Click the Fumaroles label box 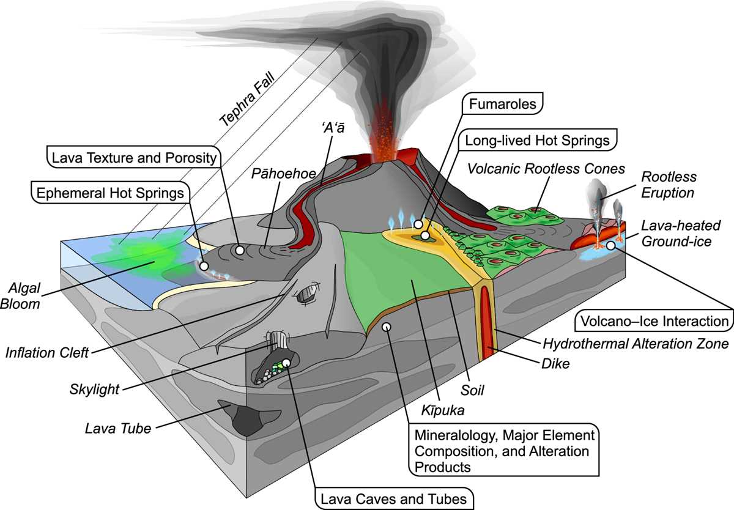[x=502, y=103]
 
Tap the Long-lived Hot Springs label [x=537, y=140]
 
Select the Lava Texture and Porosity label [x=134, y=158]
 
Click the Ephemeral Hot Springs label [x=110, y=193]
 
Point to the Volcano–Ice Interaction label [x=654, y=321]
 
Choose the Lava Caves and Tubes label [x=393, y=499]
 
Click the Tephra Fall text [x=247, y=100]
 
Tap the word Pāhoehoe [x=283, y=174]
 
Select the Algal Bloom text [x=20, y=296]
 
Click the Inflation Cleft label [x=47, y=353]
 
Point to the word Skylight [x=94, y=390]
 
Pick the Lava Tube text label [x=118, y=429]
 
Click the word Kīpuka [x=443, y=410]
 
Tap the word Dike [x=555, y=364]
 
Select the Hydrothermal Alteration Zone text [x=636, y=344]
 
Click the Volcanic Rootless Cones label [x=546, y=169]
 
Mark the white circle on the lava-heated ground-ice [x=611, y=245]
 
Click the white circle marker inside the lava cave [x=286, y=363]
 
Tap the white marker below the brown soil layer [x=387, y=327]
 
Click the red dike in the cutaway [x=487, y=322]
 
